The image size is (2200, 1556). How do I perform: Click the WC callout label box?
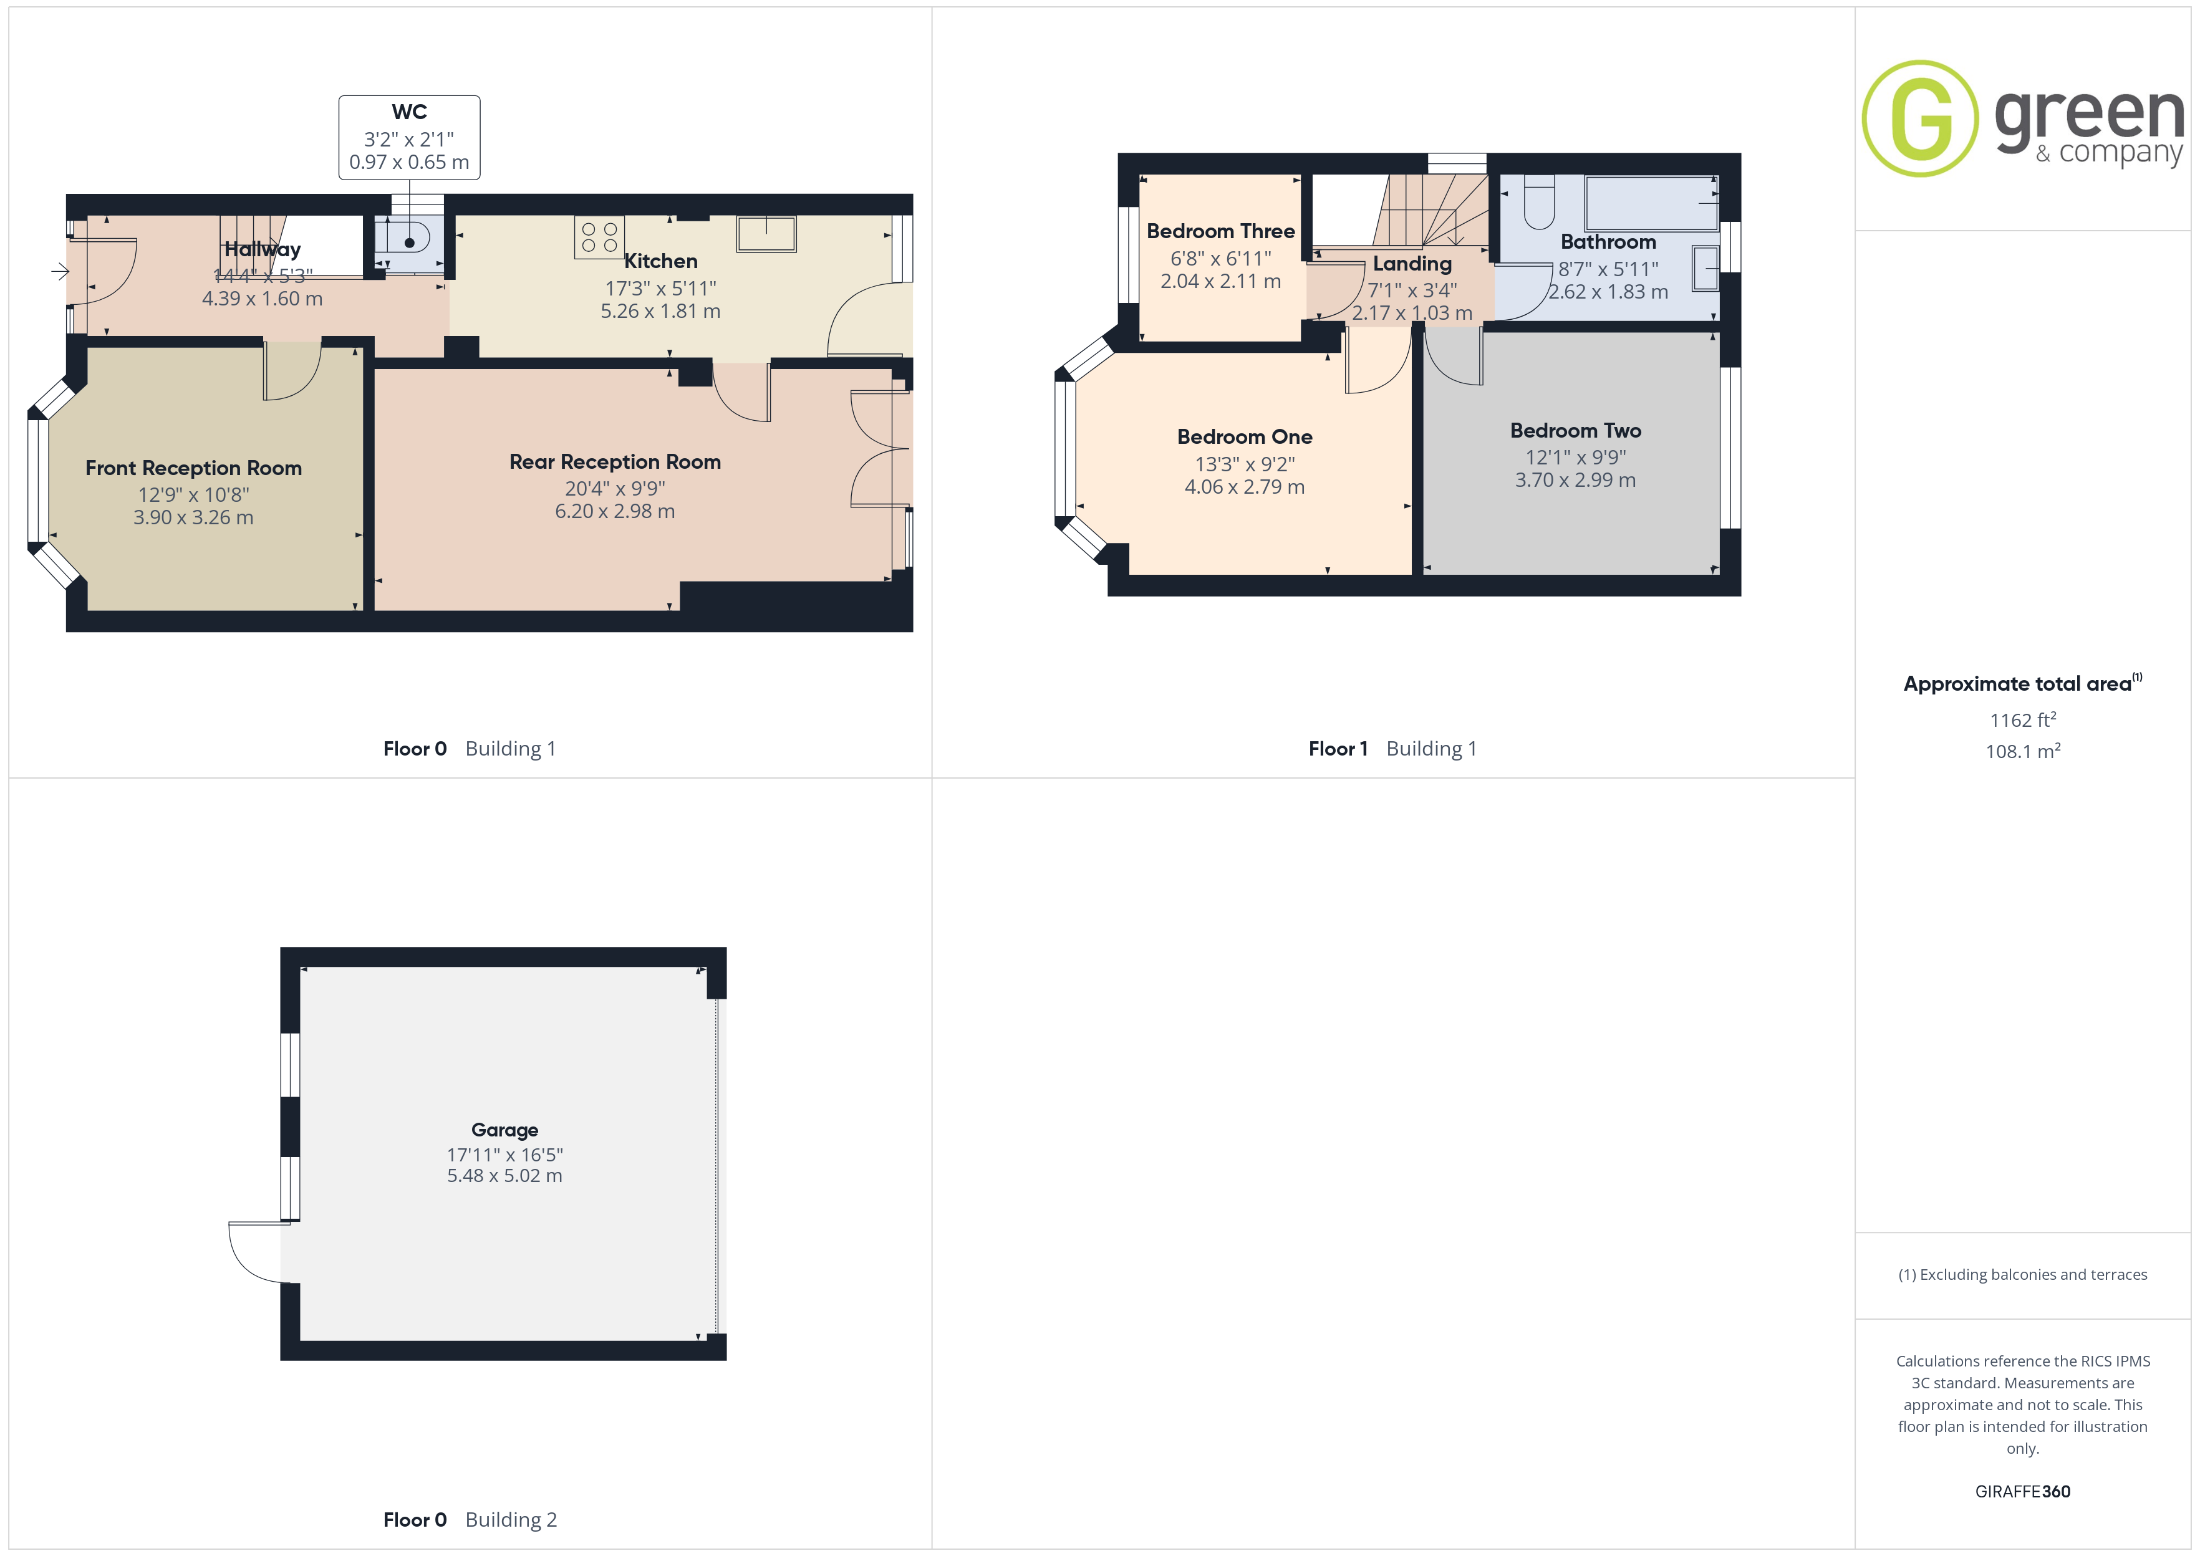pyautogui.click(x=409, y=137)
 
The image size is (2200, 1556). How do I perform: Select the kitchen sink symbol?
pyautogui.click(x=766, y=234)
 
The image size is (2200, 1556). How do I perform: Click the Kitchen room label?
pyautogui.click(x=660, y=261)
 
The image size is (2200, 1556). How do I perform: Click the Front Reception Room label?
pyautogui.click(x=193, y=468)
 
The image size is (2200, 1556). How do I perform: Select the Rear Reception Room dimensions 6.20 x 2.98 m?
pyautogui.click(x=615, y=512)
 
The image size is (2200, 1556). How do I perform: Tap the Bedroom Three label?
pyautogui.click(x=1221, y=231)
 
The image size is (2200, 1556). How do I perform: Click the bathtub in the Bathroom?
pyautogui.click(x=1652, y=202)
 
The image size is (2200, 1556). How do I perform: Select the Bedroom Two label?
pyautogui.click(x=1575, y=430)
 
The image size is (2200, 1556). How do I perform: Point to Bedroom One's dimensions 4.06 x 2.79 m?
pyautogui.click(x=1245, y=487)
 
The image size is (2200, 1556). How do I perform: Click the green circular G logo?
pyautogui.click(x=1919, y=119)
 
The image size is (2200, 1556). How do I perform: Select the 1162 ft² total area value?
pyautogui.click(x=2023, y=719)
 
